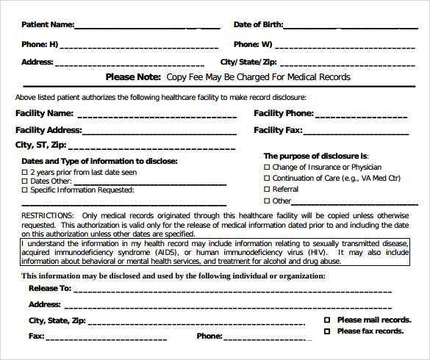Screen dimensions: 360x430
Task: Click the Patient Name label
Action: click(x=47, y=24)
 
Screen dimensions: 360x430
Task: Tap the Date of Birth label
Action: click(x=258, y=24)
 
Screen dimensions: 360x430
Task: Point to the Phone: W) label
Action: click(x=253, y=44)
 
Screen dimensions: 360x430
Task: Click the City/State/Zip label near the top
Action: click(x=248, y=62)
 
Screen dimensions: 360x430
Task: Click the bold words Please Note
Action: click(x=133, y=77)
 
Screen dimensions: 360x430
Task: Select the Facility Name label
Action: click(x=44, y=113)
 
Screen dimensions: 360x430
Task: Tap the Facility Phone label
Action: click(x=284, y=113)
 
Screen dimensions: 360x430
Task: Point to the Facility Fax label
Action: click(x=278, y=130)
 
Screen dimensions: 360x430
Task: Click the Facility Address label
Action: click(x=49, y=130)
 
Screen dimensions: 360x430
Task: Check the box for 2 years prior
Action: click(x=25, y=172)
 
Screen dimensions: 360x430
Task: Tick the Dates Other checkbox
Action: click(x=25, y=181)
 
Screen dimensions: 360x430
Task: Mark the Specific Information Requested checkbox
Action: click(x=25, y=190)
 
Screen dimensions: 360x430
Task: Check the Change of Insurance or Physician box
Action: click(x=267, y=168)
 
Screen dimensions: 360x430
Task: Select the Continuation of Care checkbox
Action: click(x=267, y=179)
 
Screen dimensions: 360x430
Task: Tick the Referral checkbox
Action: click(x=267, y=190)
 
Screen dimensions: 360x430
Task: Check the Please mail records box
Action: click(x=327, y=320)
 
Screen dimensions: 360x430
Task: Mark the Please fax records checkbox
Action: click(x=327, y=331)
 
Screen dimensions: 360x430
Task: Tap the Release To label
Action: click(x=50, y=289)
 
